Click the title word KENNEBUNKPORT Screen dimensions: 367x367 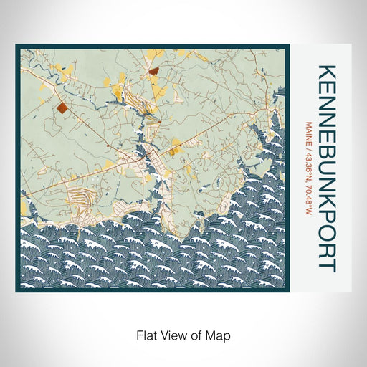tap(326, 168)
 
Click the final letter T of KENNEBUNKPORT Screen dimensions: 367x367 tap(326, 263)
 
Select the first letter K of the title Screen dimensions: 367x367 tap(326, 72)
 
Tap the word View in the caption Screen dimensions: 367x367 tap(169, 334)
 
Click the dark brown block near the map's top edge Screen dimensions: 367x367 tap(155, 70)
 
